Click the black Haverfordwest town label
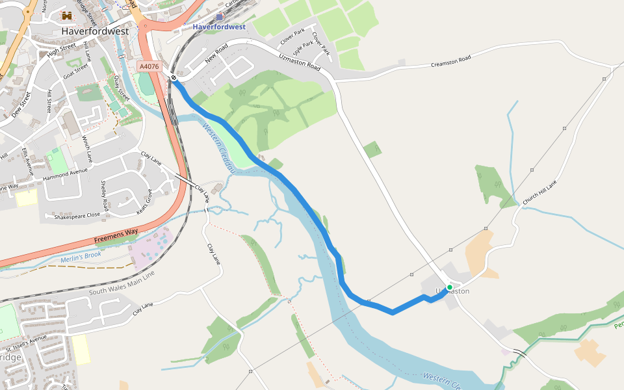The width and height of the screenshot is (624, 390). point(96,31)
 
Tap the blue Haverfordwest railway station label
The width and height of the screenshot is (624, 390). point(219,27)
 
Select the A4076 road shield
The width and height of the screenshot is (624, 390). point(149,66)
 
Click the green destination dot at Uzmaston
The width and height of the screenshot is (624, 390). point(449,287)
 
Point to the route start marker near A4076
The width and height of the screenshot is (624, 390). point(174,79)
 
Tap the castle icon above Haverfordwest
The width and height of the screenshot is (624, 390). point(67,16)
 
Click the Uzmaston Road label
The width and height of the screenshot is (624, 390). point(300,63)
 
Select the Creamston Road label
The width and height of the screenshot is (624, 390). point(450,63)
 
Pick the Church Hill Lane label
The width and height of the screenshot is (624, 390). point(540,193)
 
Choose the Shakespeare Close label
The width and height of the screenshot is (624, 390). point(77,215)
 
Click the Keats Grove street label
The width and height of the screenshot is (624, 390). point(144,202)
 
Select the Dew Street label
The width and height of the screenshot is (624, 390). point(21,104)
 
